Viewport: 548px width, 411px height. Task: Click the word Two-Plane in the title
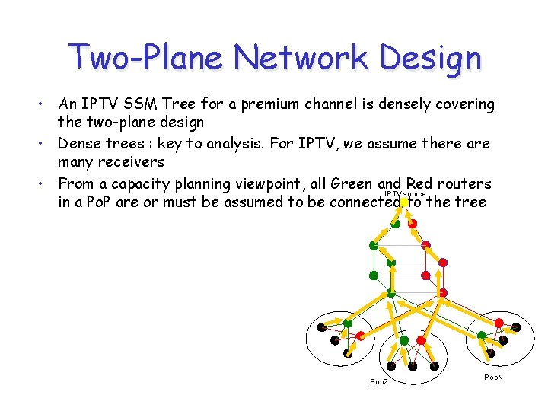click(x=145, y=57)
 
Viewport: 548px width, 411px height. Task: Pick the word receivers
click(x=132, y=161)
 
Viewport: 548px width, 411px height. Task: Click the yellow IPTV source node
click(x=397, y=223)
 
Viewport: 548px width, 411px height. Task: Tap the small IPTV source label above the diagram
click(x=405, y=195)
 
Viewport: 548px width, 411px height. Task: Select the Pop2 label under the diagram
click(x=378, y=381)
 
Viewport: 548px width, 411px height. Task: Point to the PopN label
click(x=493, y=378)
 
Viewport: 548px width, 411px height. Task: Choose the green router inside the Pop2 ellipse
click(x=403, y=340)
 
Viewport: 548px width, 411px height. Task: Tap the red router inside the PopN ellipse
click(x=499, y=323)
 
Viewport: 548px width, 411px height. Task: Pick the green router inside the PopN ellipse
click(x=482, y=336)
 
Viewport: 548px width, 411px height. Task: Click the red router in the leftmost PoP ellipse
click(x=361, y=336)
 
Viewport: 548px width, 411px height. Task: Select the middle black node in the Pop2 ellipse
click(x=412, y=365)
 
